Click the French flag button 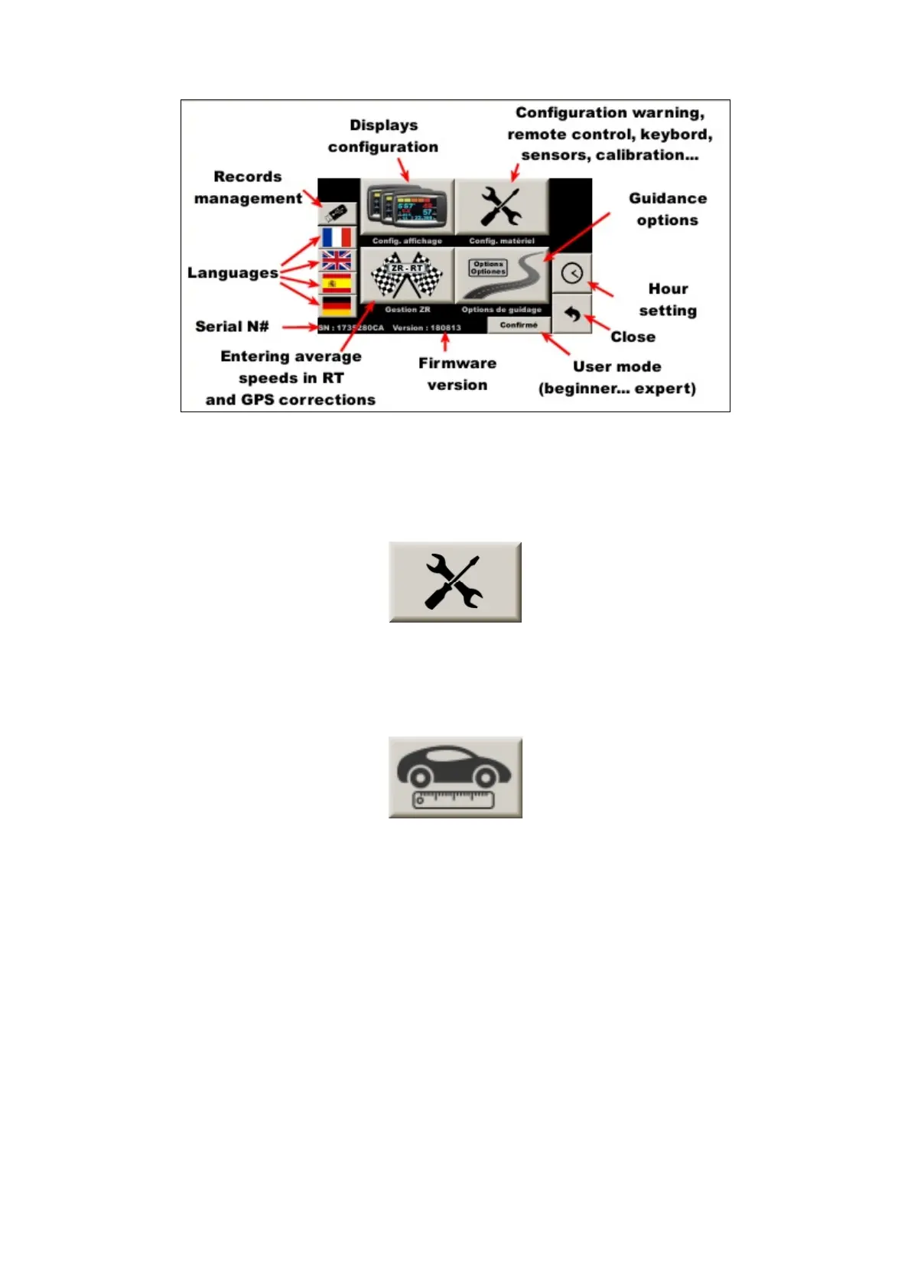(337, 237)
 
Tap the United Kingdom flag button (337, 261)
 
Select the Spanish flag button (337, 284)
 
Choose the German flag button (337, 305)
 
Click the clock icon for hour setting (572, 274)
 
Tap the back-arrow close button (572, 314)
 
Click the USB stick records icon (337, 213)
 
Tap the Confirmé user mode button (519, 325)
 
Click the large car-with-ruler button (455, 777)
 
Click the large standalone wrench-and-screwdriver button (455, 582)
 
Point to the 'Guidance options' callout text (668, 209)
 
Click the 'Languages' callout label (233, 273)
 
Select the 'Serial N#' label (232, 327)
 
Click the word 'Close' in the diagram (633, 337)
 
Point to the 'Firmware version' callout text (457, 374)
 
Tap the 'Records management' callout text (248, 187)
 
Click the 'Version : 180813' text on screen (427, 328)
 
